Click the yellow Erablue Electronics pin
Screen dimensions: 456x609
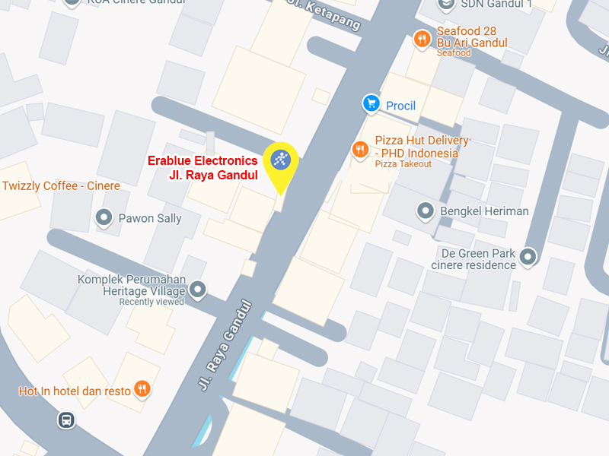280,160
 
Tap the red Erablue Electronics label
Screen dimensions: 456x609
202,168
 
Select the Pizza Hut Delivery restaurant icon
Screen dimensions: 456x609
359,150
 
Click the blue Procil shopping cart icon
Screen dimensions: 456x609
371,103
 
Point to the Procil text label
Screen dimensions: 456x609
400,106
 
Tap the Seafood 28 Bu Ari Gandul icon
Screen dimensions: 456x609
421,38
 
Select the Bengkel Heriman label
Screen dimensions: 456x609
484,211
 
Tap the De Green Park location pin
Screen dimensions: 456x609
528,257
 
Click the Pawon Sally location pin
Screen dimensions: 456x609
104,218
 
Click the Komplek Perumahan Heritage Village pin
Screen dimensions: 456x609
198,289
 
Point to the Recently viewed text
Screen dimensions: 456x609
151,302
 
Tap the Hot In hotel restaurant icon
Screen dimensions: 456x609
142,390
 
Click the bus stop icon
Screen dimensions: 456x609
66,420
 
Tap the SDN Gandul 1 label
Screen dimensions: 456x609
496,4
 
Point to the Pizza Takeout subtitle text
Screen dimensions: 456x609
403,164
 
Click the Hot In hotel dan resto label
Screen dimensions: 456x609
75,391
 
